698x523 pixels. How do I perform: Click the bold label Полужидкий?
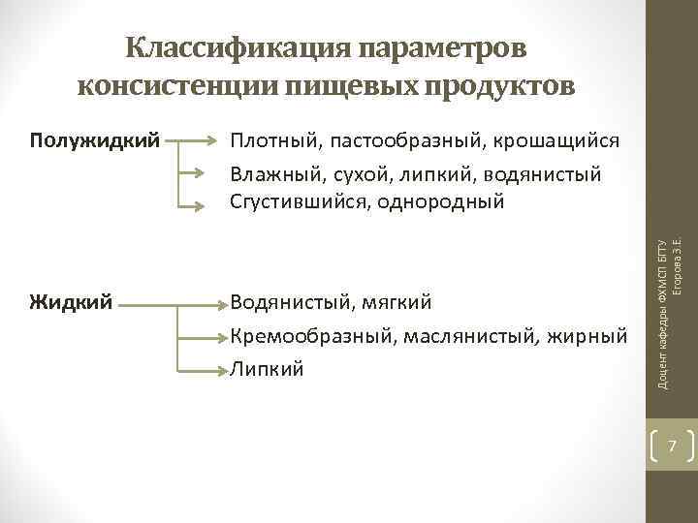(95, 141)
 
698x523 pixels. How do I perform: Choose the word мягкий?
(397, 304)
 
